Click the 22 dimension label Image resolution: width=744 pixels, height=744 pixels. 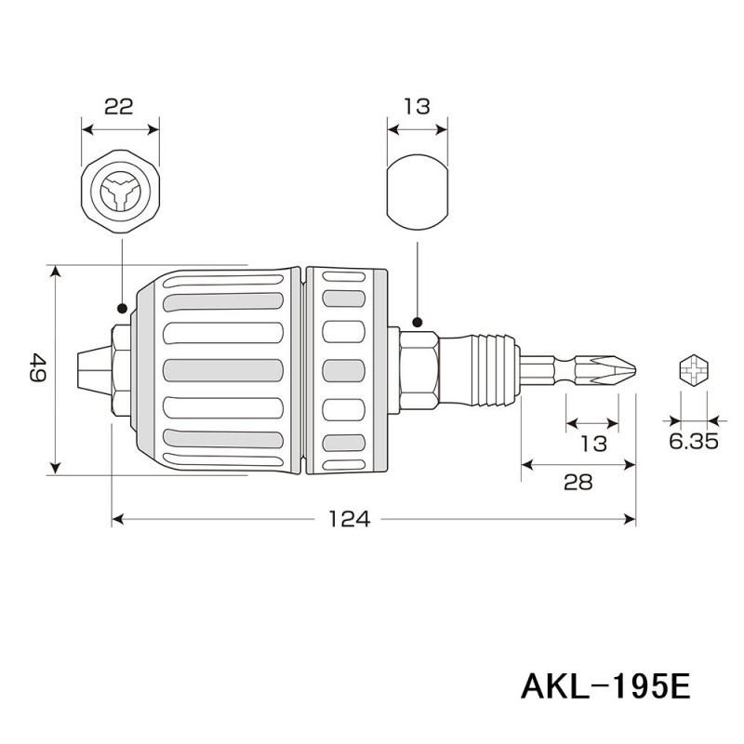point(120,106)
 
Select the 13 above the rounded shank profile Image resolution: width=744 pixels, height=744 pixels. point(418,106)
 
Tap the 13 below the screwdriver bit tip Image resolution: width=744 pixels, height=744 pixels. point(593,443)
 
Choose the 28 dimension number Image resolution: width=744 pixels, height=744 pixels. point(578,481)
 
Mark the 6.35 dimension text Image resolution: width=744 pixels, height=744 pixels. point(693,443)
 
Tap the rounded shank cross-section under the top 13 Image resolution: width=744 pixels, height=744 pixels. point(418,194)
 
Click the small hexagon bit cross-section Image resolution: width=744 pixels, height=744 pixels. point(693,369)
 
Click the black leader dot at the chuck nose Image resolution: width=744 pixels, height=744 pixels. point(121,306)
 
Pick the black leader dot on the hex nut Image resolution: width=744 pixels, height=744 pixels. point(418,323)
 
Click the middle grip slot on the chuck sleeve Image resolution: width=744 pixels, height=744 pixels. point(222,369)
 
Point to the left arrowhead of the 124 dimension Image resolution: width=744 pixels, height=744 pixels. point(116,519)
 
